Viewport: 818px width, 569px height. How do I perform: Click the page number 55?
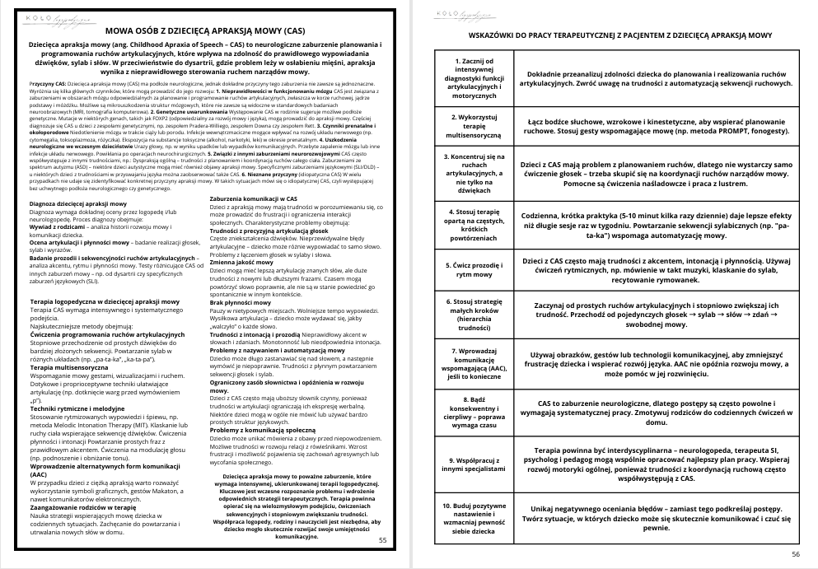381,540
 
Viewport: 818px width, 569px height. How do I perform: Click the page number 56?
795,553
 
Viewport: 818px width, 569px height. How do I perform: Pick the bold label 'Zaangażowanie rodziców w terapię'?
80,506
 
